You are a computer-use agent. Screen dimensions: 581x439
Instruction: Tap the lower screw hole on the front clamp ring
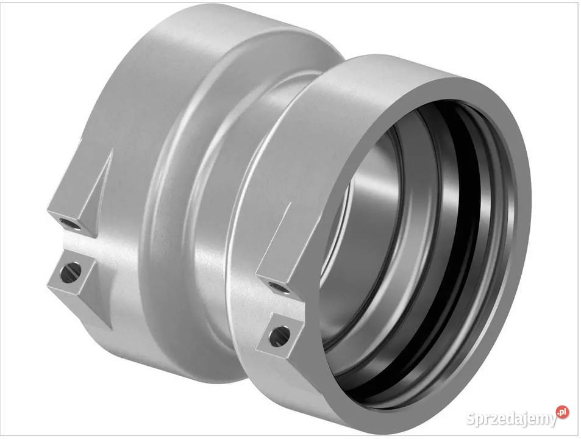point(280,336)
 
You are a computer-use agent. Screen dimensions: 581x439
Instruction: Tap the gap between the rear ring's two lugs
point(80,243)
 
